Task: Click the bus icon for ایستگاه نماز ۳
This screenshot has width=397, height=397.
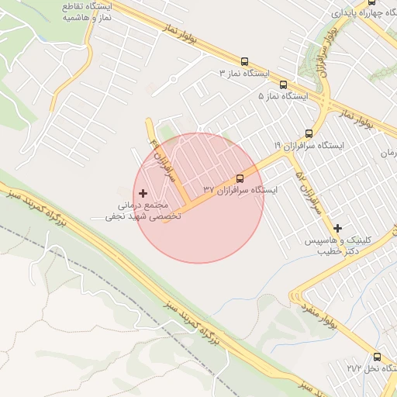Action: coord(245,61)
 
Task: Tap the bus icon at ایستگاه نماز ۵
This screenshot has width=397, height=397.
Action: coord(282,85)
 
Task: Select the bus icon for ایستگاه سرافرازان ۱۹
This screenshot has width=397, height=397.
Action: coord(309,133)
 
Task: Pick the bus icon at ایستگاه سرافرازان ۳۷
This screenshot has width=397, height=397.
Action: coord(239,178)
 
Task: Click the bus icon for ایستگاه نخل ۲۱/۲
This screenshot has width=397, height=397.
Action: coord(378,357)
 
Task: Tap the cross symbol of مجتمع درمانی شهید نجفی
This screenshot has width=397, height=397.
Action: coord(143,192)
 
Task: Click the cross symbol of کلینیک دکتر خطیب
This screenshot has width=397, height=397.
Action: coord(337,228)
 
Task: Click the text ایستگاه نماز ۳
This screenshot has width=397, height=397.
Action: coord(244,73)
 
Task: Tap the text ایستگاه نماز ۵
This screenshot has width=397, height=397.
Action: coord(283,96)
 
